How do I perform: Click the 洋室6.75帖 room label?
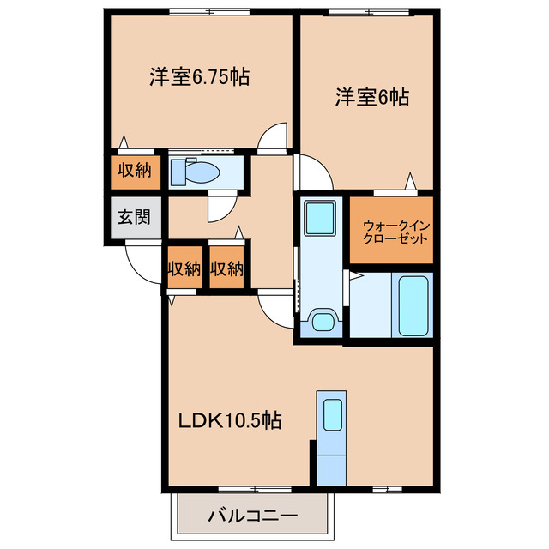click(x=199, y=76)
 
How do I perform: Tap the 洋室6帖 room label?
click(x=371, y=97)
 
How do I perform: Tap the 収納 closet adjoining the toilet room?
click(x=135, y=170)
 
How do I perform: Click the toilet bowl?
click(x=202, y=172)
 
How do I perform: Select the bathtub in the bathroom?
click(x=413, y=306)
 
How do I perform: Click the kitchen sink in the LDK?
click(x=331, y=414)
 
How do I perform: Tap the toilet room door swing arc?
click(x=219, y=206)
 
